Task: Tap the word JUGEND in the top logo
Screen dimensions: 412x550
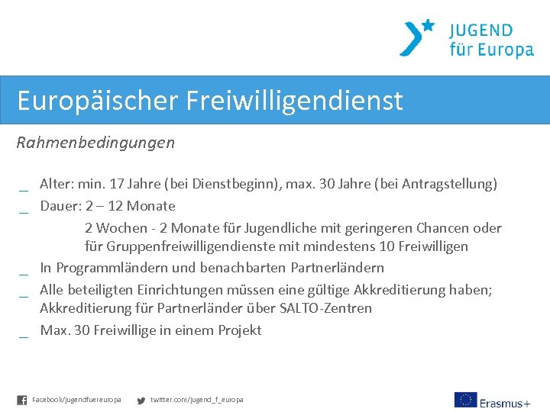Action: [x=480, y=31]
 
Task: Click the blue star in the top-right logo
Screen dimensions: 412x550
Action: [x=428, y=25]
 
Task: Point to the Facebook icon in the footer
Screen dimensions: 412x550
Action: [x=21, y=400]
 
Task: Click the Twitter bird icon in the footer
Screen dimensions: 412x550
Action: [x=141, y=400]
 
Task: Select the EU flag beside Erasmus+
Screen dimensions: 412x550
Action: [x=464, y=400]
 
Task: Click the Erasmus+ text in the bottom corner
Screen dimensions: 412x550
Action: [x=505, y=401]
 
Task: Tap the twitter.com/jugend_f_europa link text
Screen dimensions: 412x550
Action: [x=197, y=400]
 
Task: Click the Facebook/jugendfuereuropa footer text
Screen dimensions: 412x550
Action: [x=76, y=400]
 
